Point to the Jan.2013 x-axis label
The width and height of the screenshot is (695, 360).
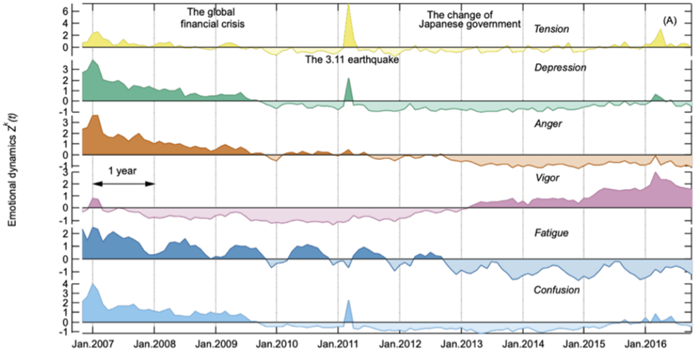tap(461, 342)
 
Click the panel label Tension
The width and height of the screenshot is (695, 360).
tap(552, 28)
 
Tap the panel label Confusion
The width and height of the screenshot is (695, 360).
tap(557, 289)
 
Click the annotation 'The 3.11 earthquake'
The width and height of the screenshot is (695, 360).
tap(352, 59)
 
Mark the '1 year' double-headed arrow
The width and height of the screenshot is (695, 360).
tap(123, 183)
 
